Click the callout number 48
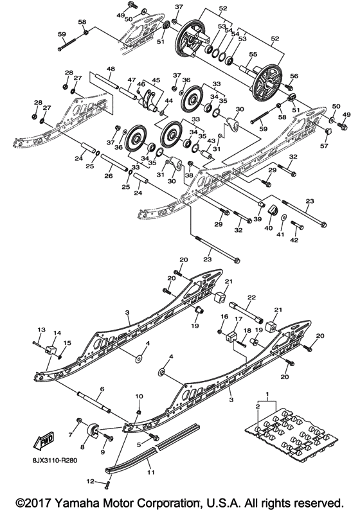tap(111, 69)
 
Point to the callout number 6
tap(101, 389)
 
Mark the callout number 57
tap(325, 146)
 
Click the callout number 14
tap(57, 333)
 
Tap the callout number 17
tap(237, 319)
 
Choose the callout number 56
tap(295, 76)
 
